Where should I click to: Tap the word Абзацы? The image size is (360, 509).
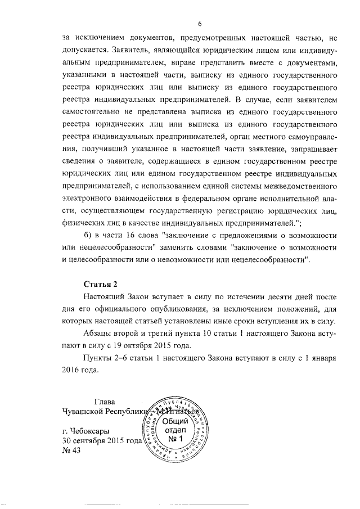tap(98, 334)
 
